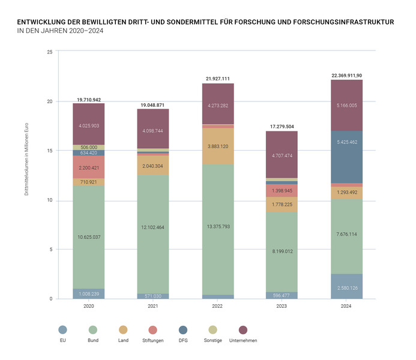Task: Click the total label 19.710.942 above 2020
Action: coord(89,99)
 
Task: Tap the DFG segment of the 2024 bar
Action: coord(347,157)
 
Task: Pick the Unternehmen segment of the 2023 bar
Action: coord(282,155)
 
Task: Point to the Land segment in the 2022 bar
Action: coord(218,146)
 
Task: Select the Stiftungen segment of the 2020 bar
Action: coord(89,167)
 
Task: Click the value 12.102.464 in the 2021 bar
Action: coord(153,227)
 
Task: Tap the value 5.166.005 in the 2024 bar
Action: coord(347,105)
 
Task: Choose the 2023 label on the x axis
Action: coord(282,306)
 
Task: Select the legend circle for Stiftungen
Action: coord(153,330)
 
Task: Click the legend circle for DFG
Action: coord(182,330)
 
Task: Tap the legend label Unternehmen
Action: coord(243,341)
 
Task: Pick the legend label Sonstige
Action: coord(213,341)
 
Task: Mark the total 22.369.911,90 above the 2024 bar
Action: coord(346,76)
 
